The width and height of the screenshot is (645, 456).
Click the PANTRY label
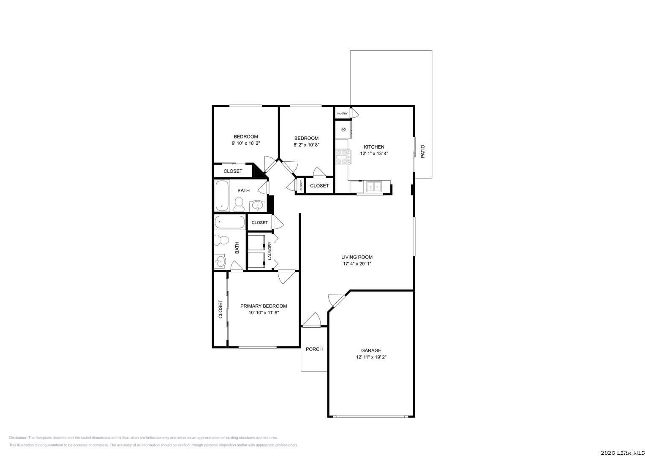pos(343,114)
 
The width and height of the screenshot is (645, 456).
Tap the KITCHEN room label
pos(374,147)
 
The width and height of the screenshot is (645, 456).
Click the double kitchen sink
pos(374,187)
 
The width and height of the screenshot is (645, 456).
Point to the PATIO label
pos(423,152)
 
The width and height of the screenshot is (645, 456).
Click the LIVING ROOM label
pos(357,257)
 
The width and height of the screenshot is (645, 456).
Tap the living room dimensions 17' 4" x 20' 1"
pos(357,264)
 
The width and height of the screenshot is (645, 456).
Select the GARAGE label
pos(371,350)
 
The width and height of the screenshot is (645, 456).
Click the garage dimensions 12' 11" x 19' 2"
pos(371,357)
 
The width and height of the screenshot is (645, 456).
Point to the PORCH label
pos(314,349)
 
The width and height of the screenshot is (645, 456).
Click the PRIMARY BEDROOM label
pos(264,306)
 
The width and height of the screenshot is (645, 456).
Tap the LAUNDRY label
pos(270,251)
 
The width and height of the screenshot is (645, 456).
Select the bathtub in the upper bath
pos(222,196)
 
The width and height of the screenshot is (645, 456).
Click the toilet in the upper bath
pos(239,204)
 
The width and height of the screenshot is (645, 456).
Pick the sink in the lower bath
pos(220,261)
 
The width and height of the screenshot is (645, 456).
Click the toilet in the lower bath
pos(221,240)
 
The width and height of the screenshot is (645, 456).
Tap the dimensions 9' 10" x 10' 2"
pos(245,143)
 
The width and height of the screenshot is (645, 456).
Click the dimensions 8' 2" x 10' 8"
pos(306,145)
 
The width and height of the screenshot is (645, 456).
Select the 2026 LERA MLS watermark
pos(622,453)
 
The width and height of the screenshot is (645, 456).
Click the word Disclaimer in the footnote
pos(18,438)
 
